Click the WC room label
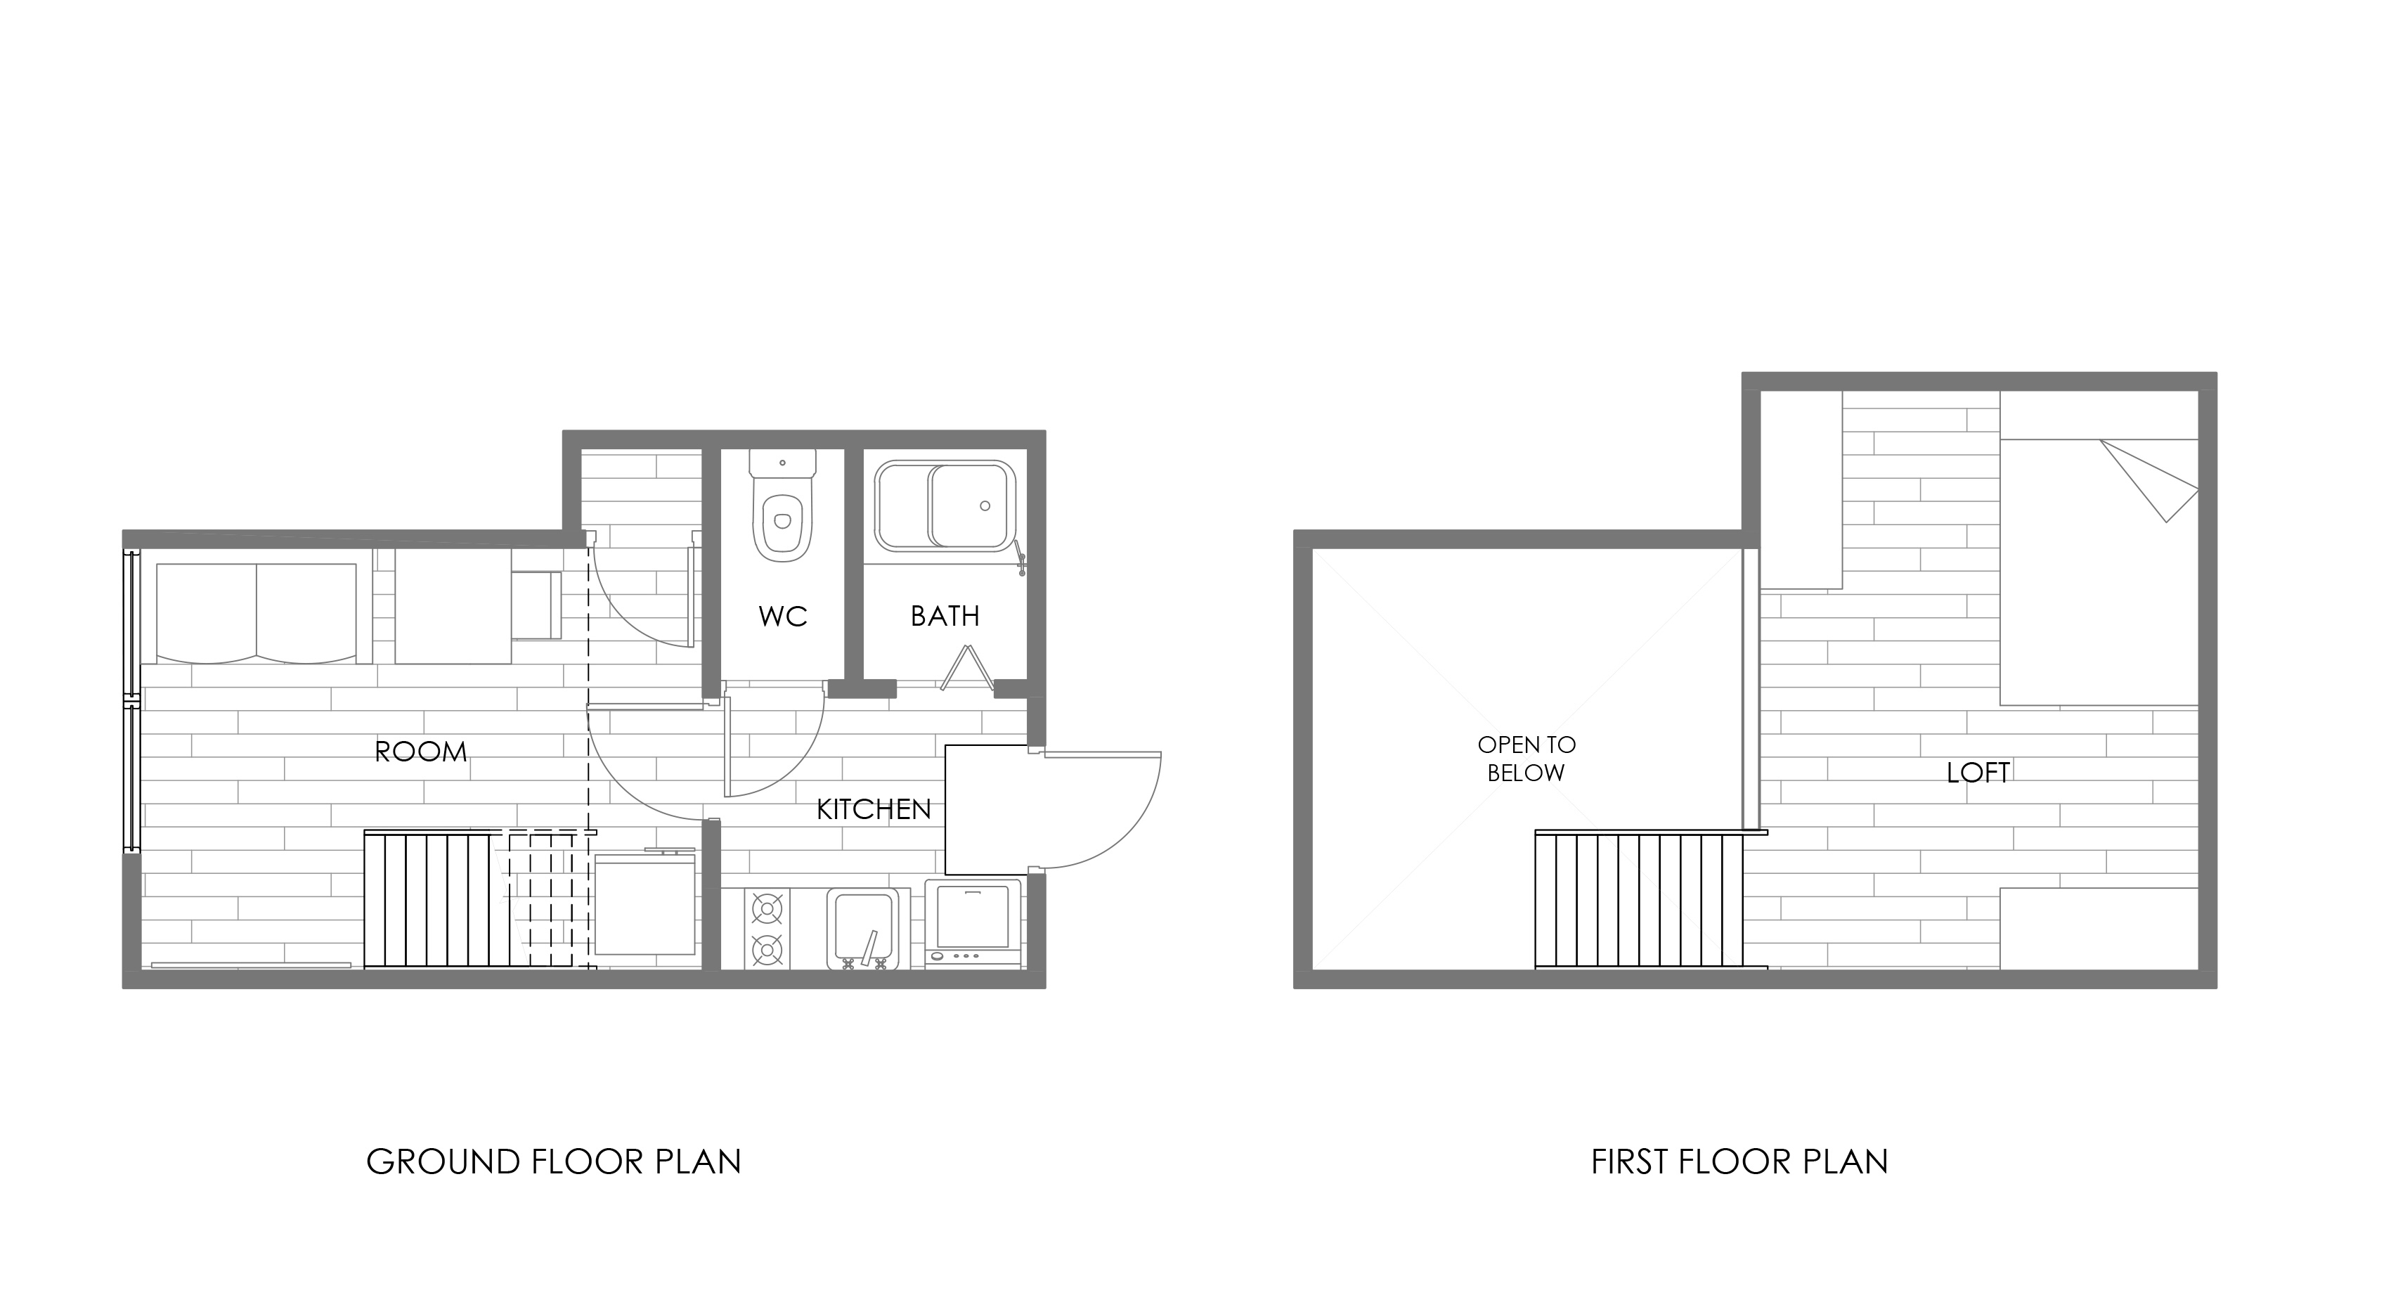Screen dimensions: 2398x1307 pos(782,617)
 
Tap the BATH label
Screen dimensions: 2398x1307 pos(945,617)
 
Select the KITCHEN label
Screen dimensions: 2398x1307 pos(873,810)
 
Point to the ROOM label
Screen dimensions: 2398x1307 pos(421,752)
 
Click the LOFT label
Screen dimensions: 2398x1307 pos(1978,773)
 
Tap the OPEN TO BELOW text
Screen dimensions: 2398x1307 pos(1527,759)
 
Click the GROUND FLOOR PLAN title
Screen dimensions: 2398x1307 pos(554,1161)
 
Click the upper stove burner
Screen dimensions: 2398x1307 pos(767,907)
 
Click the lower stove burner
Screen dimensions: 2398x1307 pos(767,951)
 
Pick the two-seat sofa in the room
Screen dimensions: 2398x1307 pos(256,612)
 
